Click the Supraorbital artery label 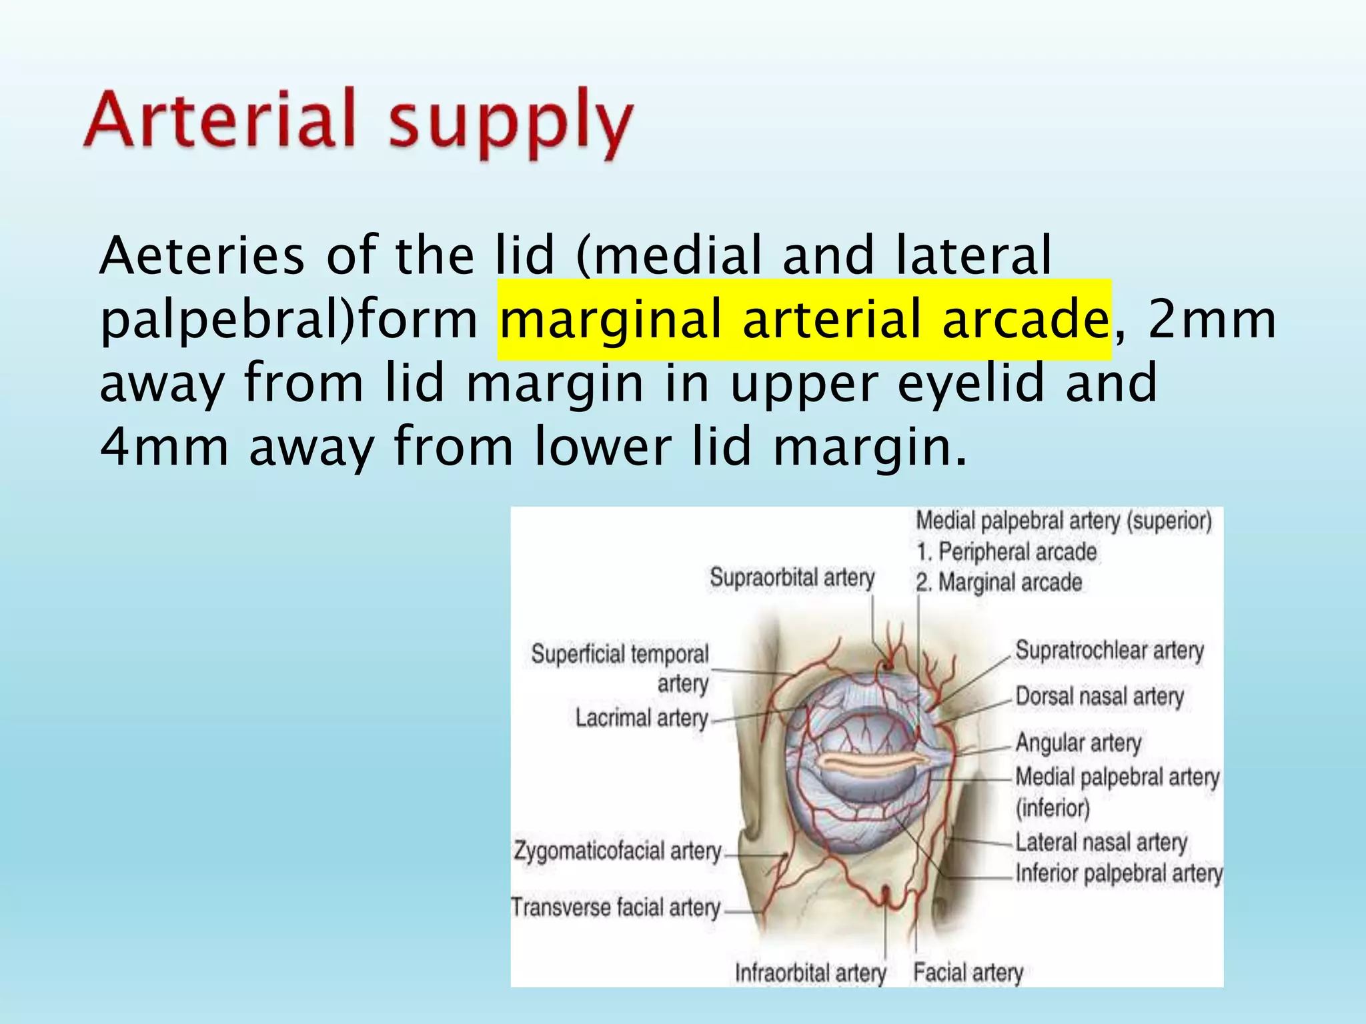[x=792, y=577]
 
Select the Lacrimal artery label [x=642, y=718]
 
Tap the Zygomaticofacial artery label [x=618, y=851]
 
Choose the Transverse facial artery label [x=616, y=907]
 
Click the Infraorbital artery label [x=810, y=973]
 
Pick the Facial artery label [x=968, y=973]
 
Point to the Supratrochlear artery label [x=1109, y=650]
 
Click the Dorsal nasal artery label [x=1099, y=697]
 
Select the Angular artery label [x=1078, y=743]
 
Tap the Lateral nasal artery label [x=1101, y=842]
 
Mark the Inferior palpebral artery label [x=1119, y=873]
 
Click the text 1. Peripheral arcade [x=1006, y=552]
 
